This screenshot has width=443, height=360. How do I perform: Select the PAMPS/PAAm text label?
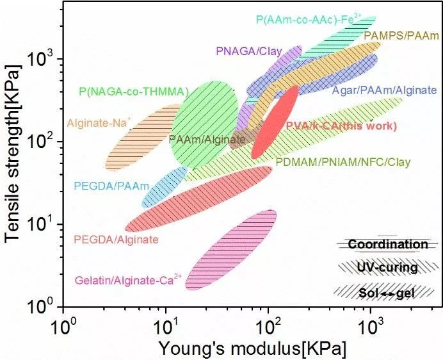pyautogui.click(x=401, y=37)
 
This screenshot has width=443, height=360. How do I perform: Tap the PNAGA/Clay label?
pyautogui.click(x=249, y=51)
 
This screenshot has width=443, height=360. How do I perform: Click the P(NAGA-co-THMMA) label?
pyautogui.click(x=134, y=92)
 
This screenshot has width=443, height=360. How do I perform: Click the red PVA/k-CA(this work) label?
pyautogui.click(x=341, y=126)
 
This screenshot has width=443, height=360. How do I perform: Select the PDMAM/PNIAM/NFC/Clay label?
pyautogui.click(x=342, y=163)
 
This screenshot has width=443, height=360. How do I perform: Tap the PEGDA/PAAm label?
pyautogui.click(x=111, y=186)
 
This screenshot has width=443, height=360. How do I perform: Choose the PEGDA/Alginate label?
pyautogui.click(x=116, y=240)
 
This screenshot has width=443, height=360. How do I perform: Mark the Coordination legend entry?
pyautogui.click(x=387, y=244)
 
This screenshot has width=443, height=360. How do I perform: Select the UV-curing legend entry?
pyautogui.click(x=387, y=267)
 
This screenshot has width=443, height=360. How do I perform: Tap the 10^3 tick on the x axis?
pyautogui.click(x=371, y=323)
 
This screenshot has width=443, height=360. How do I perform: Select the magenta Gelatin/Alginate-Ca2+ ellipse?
pyautogui.click(x=230, y=250)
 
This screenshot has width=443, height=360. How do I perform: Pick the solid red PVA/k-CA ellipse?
pyautogui.click(x=275, y=122)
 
